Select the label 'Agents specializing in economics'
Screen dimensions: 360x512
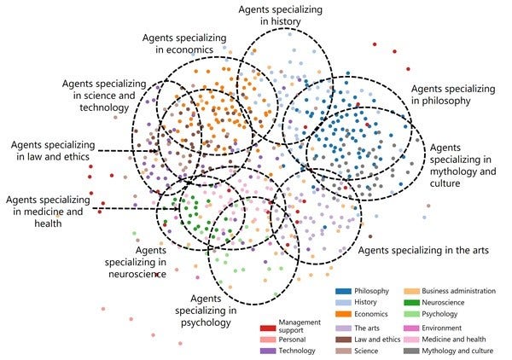(x=183, y=44)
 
